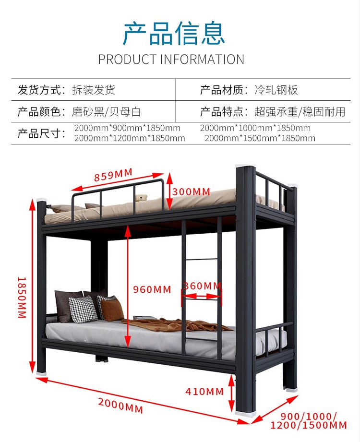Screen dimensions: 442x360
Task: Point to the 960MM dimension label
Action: pos(152,289)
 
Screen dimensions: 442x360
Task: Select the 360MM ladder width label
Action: pos(202,287)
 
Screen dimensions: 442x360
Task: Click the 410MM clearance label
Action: pos(204,392)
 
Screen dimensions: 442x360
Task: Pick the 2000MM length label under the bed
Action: pos(120,406)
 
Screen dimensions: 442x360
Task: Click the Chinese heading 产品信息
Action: pos(174,33)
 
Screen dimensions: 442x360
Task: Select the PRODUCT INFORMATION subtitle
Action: pos(171,60)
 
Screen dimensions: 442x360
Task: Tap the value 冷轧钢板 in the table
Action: pos(276,90)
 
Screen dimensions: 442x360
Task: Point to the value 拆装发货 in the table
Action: pos(94,90)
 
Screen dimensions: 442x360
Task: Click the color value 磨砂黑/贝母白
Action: pos(106,112)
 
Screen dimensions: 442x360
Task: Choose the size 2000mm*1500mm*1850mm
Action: pos(260,139)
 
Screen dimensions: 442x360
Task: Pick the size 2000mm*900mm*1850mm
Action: pos(128,128)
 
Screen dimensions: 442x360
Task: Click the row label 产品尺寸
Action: pos(41,133)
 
